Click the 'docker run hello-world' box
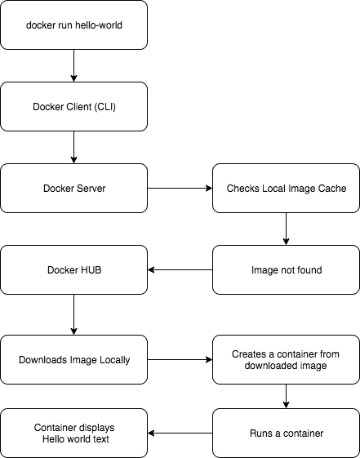73,24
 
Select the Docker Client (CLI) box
73,107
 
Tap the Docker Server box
73,188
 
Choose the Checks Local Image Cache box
287,188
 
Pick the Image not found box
287,270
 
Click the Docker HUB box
73,270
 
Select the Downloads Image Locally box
73,359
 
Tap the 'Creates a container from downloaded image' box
287,359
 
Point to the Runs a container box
287,434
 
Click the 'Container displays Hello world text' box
73,434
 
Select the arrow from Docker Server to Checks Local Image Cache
180,188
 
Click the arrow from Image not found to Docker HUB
180,270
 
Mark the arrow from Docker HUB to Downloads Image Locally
73,314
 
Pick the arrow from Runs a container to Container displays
180,434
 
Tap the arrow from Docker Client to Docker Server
73,147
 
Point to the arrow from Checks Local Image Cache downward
287,229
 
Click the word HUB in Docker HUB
91,270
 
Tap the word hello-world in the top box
99,25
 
